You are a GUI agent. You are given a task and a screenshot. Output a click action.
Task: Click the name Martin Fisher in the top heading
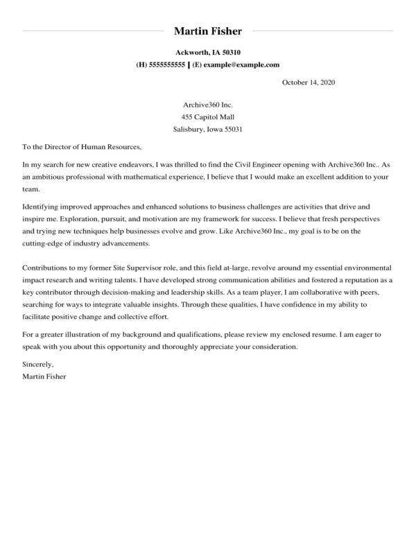(x=207, y=31)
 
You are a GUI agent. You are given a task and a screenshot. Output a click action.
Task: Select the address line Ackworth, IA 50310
(x=207, y=53)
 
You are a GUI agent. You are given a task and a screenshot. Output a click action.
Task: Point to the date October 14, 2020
(x=309, y=83)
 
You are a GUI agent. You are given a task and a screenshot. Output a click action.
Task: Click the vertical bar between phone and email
(x=189, y=64)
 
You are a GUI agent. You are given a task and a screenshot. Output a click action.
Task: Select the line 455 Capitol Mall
(x=207, y=117)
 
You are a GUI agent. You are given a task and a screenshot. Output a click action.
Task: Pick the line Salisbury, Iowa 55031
(x=207, y=130)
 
